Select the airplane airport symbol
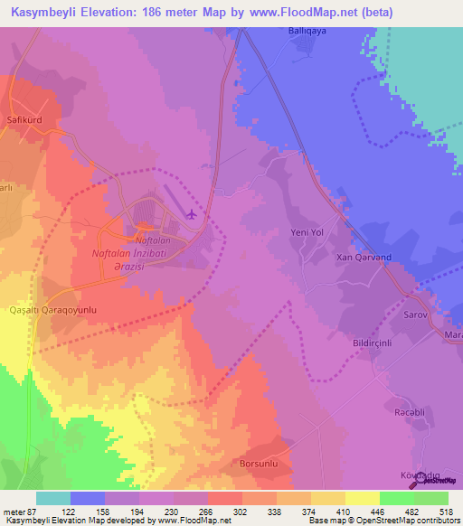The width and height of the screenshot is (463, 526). click(x=192, y=214)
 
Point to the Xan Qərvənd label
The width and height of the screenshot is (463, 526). click(x=364, y=257)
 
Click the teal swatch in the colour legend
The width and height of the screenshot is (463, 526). click(x=52, y=498)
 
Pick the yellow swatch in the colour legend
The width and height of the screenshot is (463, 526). click(x=363, y=498)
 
